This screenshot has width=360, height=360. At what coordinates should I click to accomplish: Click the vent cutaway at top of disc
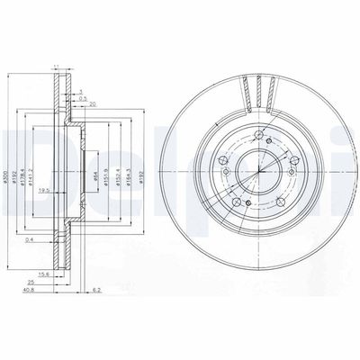coord(260,90)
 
